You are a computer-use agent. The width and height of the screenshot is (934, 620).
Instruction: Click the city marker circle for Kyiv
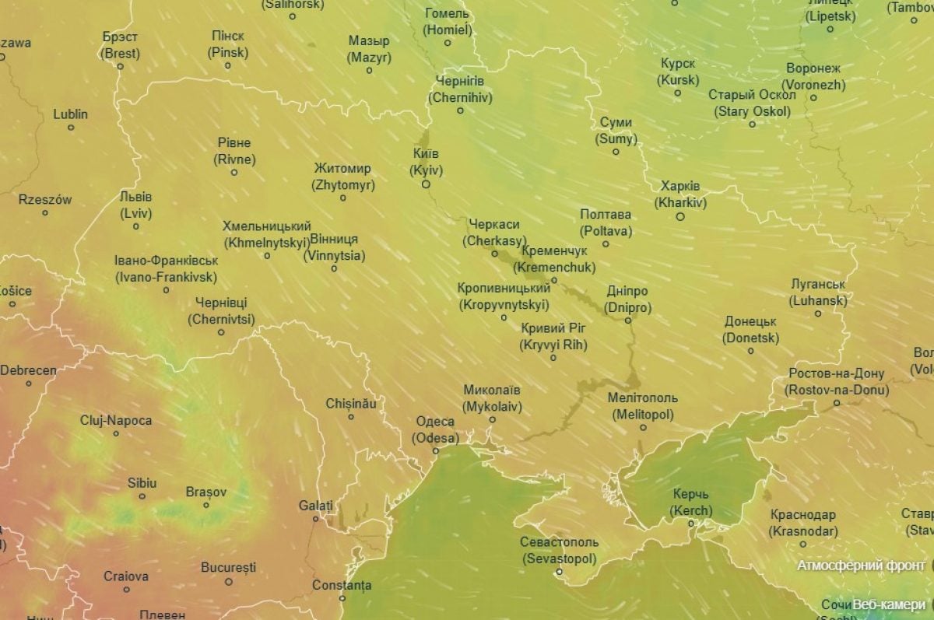point(426,184)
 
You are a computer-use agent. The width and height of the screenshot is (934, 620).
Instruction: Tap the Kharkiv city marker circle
point(680,217)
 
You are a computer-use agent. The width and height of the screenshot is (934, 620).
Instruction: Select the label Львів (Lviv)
point(136,205)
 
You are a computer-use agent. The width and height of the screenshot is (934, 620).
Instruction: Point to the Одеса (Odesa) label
point(435,429)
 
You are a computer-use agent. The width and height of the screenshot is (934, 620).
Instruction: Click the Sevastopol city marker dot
point(558,573)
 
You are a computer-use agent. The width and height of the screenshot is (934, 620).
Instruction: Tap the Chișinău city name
point(351,404)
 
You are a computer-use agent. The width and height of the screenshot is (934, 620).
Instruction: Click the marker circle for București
point(229,581)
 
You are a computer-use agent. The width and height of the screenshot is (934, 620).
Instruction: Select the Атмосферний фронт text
point(861,566)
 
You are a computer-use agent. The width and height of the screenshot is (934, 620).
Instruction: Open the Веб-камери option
point(889,604)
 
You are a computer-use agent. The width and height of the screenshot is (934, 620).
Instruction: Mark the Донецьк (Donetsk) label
point(750,329)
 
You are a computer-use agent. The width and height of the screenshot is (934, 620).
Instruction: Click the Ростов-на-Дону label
point(837,381)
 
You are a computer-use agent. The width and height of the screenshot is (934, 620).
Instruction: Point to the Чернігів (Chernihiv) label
point(459,89)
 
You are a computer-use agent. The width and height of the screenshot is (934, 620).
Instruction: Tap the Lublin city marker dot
point(71,128)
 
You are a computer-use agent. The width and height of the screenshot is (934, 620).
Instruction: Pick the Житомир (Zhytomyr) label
point(342,177)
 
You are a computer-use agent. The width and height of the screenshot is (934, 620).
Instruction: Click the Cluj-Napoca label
point(116,420)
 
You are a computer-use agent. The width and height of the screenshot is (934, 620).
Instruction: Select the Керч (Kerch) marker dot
point(690,524)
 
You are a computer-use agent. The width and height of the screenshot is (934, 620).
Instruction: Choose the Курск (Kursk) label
point(678,72)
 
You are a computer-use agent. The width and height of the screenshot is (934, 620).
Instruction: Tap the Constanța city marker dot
point(342,597)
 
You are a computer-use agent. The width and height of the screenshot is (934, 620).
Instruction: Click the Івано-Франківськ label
point(166,268)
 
